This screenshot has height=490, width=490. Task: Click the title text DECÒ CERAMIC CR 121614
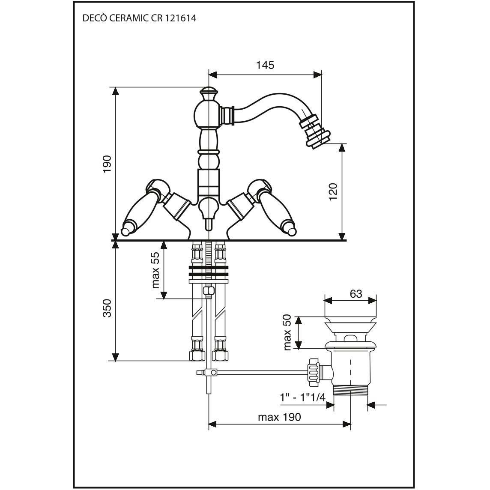(x=139, y=18)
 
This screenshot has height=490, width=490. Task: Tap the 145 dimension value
(x=265, y=65)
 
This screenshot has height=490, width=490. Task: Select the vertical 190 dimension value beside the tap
(x=107, y=164)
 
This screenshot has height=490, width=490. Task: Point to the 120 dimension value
(x=333, y=192)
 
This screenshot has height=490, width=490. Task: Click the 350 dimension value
(x=107, y=308)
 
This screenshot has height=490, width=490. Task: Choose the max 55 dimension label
(x=155, y=270)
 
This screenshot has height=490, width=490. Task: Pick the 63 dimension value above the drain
(x=356, y=294)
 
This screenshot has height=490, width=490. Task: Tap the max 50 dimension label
(x=287, y=332)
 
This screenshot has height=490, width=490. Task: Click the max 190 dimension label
(x=279, y=417)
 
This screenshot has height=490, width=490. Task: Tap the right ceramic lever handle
(x=275, y=209)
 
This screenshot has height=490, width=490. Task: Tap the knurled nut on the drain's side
(x=314, y=373)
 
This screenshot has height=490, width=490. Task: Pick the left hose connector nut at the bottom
(x=197, y=356)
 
